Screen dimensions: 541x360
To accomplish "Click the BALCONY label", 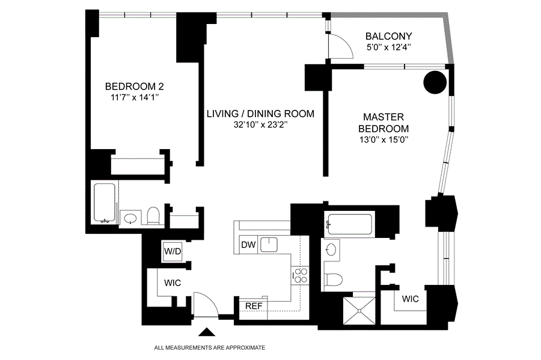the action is pos(388,36).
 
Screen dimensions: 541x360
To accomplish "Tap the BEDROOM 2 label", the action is pos(134,86).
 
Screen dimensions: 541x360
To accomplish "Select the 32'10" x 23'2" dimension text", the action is pos(260,125).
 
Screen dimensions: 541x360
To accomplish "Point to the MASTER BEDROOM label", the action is pos(384,123).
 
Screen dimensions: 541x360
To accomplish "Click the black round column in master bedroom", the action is pos(435,82).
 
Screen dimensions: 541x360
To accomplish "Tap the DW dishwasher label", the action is pos(248,245).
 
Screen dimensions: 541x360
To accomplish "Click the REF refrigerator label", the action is pos(254,306).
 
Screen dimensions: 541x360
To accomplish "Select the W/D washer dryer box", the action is pos(173,251).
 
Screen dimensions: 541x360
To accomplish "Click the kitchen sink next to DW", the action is pos(269,245).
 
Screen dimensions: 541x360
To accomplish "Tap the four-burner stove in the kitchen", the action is pos(300,275).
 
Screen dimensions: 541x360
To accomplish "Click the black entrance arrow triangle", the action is pos(207,332).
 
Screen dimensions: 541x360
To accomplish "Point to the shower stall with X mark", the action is pos(359,311).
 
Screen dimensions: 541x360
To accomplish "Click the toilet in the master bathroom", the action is pos(334,279).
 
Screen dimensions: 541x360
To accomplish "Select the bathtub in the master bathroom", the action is pos(349,225).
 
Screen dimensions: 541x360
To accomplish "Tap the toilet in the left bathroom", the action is pos(153,216).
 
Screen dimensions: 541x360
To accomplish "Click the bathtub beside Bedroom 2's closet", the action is pos(105,203).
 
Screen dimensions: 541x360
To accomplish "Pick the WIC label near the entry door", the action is pos(173,283).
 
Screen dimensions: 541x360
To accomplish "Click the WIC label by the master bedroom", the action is pos(410,299).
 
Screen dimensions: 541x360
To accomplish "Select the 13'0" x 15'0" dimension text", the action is pos(384,139).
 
